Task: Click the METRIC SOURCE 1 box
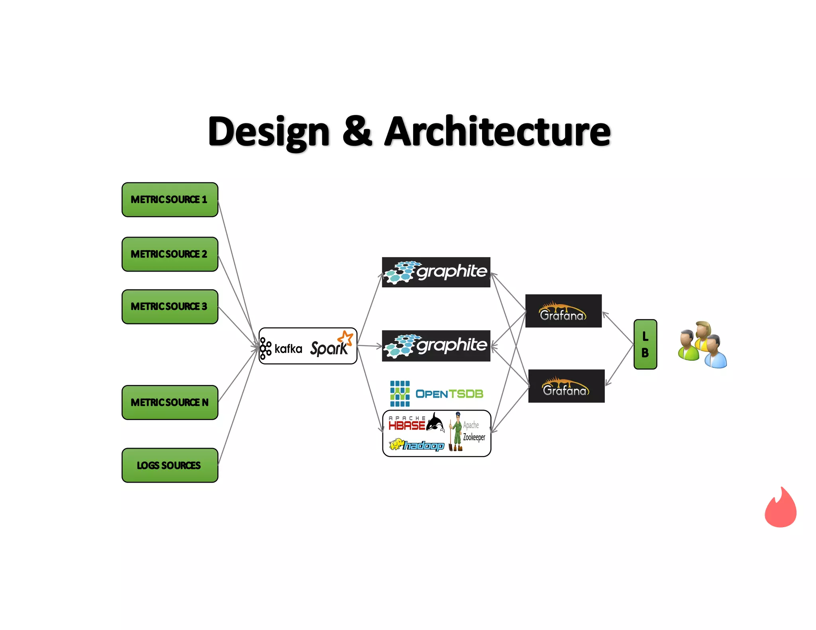[170, 200]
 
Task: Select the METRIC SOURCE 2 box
[170, 254]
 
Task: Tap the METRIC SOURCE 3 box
[170, 307]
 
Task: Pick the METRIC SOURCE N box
[170, 402]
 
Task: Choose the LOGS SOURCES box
[170, 465]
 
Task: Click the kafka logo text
[288, 349]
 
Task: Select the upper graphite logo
[436, 272]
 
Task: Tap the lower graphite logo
[436, 346]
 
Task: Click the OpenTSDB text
[449, 394]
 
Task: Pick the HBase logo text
[407, 425]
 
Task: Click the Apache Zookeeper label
[473, 431]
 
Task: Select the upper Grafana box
[563, 311]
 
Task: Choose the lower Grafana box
[566, 386]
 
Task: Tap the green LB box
[645, 344]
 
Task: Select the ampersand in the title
[357, 131]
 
